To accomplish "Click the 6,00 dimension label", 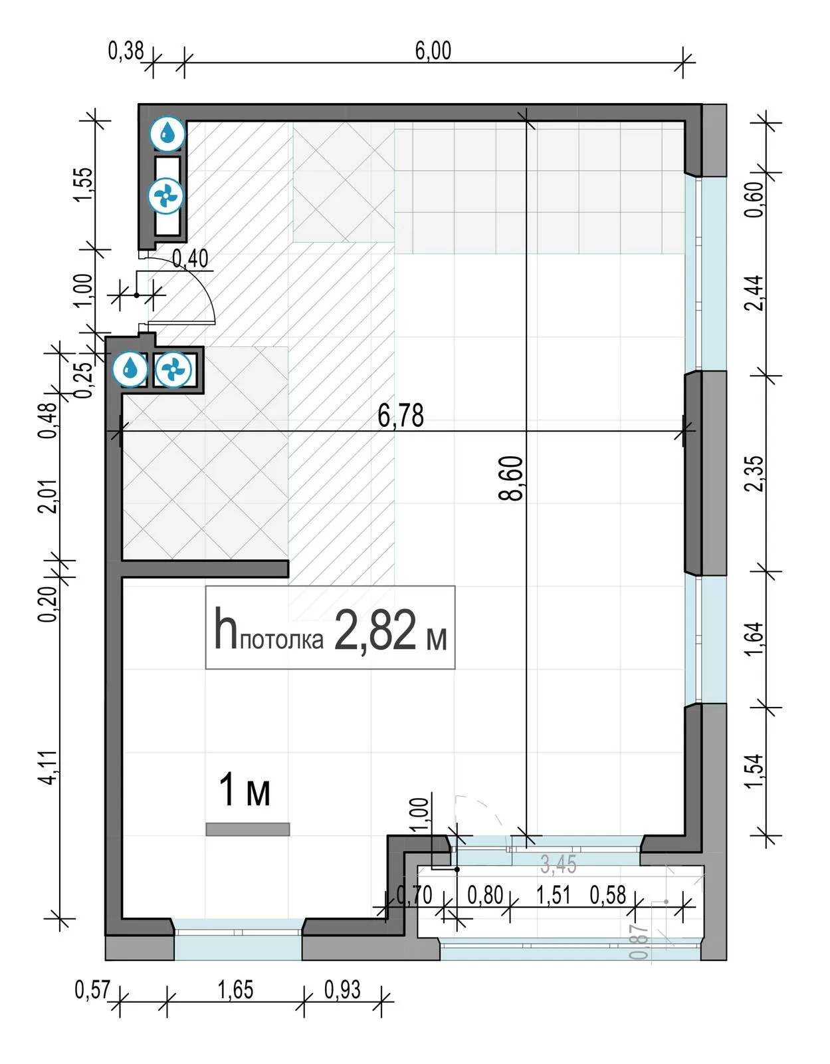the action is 433,51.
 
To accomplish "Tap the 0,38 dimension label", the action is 126,51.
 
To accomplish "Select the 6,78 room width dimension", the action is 401,416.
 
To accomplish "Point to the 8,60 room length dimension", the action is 511,478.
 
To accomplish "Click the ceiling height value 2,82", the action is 375,630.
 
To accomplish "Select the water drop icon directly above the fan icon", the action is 167,132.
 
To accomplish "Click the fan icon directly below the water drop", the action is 166,196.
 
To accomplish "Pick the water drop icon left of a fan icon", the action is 130,368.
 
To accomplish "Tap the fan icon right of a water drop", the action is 173,368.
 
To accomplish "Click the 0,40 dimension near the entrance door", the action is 190,259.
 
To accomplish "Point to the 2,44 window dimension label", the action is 754,293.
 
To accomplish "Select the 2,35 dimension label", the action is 754,473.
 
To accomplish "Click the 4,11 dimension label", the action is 48,767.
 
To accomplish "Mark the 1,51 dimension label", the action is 553,895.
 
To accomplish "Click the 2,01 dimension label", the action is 48,495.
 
